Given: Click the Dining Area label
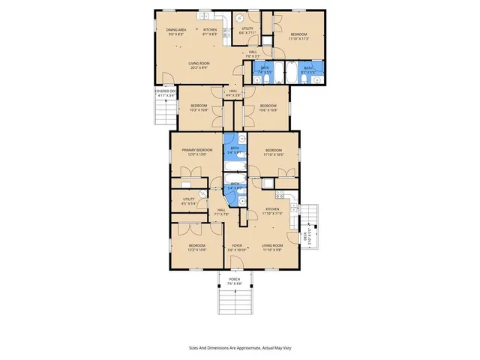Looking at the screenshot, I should coord(176,32).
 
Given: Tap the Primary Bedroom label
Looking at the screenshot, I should coord(196,152).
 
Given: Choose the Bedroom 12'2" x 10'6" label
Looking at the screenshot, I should coord(197,247).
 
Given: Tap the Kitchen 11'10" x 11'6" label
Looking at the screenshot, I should coord(272,211).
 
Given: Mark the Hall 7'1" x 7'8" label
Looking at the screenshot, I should coord(220,211).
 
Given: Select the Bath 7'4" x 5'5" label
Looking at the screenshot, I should coord(265,70).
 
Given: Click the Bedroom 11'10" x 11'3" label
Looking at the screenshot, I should coord(300,36).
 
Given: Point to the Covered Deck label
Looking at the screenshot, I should coord(165,94).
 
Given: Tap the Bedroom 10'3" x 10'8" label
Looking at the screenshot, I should coord(199,107).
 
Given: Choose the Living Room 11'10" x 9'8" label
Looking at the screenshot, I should coord(272,247).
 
